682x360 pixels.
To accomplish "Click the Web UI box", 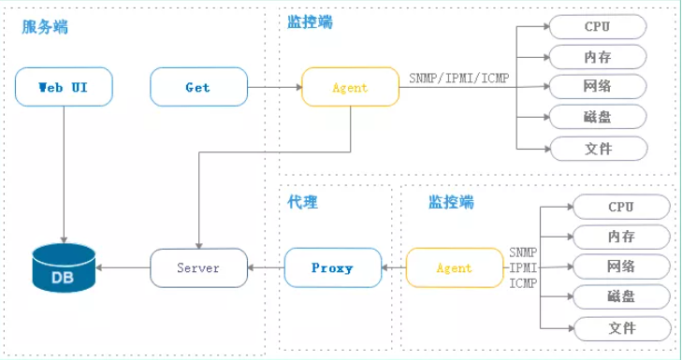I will (64, 88).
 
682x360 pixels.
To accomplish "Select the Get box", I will (197, 88).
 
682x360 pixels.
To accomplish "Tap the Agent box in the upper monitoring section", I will (350, 88).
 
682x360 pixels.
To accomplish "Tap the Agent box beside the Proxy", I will (454, 268).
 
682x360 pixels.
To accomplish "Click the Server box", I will (197, 268).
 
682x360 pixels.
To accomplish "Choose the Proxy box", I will (332, 268).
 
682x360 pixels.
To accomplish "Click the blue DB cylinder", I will (63, 268).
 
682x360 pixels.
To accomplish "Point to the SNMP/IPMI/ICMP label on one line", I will (458, 77).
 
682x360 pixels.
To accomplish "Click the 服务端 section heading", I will (45, 27).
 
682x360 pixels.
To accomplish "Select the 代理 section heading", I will (303, 201).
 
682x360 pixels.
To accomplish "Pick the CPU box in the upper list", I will (598, 26).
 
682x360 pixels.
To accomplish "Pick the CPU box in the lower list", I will (621, 207).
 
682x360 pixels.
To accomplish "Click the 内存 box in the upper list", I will (598, 57).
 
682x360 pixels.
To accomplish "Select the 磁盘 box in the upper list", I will (598, 118).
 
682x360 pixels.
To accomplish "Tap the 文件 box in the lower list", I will (621, 328).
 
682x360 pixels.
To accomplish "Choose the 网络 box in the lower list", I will (621, 267).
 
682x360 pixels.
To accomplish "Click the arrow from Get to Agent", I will (272, 88).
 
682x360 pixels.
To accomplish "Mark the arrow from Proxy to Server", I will (265, 268).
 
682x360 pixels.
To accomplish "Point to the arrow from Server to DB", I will (123, 268).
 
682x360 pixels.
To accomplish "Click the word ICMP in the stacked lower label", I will (523, 283).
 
